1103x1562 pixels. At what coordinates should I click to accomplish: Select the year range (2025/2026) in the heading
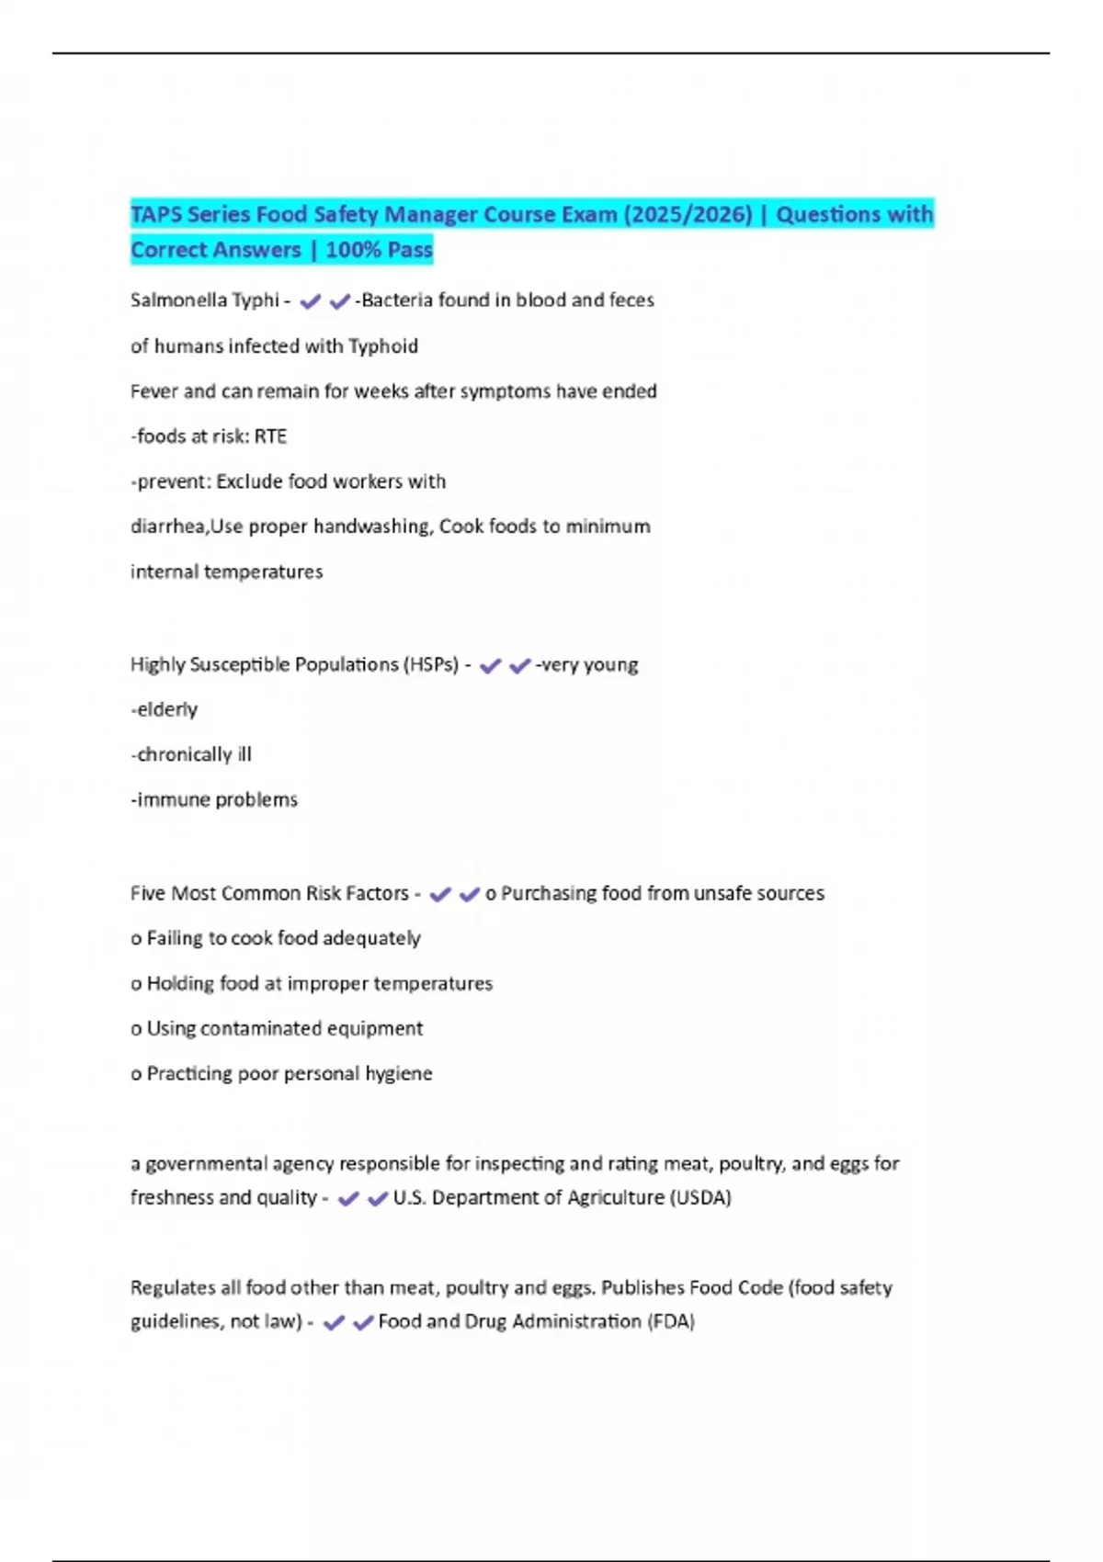click(x=688, y=214)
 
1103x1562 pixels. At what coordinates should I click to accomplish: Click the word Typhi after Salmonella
click(x=256, y=300)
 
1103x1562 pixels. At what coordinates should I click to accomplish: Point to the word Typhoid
click(x=383, y=346)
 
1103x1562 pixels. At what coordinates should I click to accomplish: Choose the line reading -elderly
click(x=165, y=709)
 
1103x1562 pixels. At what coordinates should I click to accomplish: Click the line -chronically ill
click(x=191, y=754)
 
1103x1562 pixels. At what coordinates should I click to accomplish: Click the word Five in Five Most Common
click(x=148, y=893)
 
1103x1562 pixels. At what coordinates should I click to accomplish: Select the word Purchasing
click(x=548, y=893)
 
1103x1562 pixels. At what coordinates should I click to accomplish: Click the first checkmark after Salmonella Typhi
click(x=310, y=301)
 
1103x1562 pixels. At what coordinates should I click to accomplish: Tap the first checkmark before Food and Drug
click(x=334, y=1323)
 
